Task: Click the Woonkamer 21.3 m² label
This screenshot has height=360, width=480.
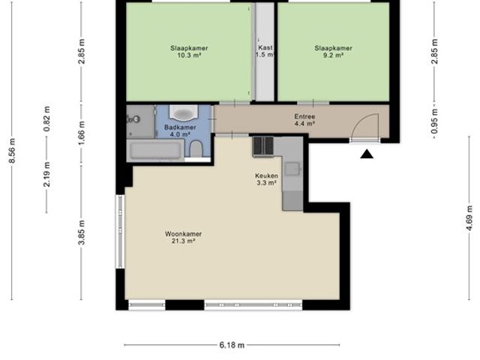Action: point(184,238)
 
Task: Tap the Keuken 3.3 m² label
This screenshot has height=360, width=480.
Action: point(266,178)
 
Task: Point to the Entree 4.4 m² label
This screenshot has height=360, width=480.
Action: point(304,120)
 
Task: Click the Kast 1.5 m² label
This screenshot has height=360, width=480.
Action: point(264,51)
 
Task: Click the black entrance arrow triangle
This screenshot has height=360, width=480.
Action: point(367,154)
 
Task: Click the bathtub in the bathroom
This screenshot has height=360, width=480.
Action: point(155,150)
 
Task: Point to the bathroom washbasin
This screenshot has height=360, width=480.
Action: point(182,113)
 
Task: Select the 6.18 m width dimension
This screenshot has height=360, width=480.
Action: point(232,345)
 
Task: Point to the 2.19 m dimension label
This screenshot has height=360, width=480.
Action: point(46,173)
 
